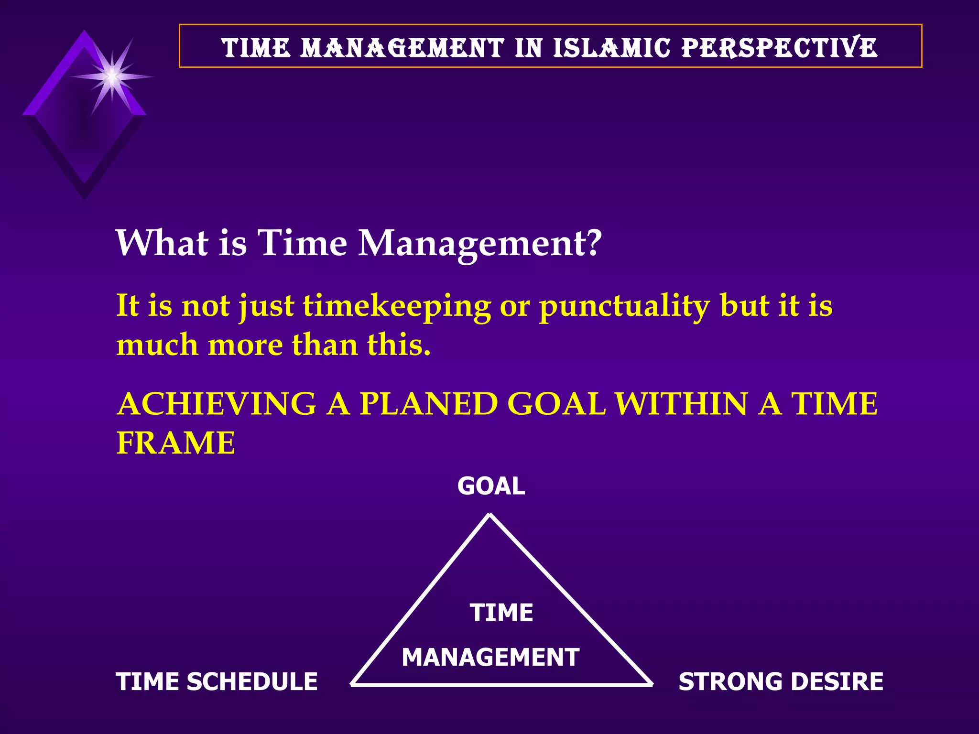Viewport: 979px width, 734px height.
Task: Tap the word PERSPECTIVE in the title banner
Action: (x=779, y=48)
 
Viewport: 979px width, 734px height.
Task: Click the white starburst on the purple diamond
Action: (x=112, y=76)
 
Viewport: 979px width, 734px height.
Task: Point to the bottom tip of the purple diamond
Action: (x=85, y=197)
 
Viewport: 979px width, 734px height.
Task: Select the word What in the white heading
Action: (x=162, y=243)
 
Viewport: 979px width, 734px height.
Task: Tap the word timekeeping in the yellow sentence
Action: (x=397, y=306)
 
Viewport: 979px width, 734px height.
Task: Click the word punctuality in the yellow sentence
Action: (x=624, y=306)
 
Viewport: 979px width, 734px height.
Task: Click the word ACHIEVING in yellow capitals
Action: (x=216, y=404)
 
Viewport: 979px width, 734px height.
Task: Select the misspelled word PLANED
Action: (x=428, y=404)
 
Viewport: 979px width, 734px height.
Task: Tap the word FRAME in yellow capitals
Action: (x=176, y=443)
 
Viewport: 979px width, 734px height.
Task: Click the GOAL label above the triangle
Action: (x=491, y=486)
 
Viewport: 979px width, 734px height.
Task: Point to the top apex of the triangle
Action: (x=489, y=515)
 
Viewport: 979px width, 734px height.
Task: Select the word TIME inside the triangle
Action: (x=501, y=613)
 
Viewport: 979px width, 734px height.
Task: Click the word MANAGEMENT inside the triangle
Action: (x=490, y=657)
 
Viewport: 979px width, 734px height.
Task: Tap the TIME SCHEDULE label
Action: (x=217, y=681)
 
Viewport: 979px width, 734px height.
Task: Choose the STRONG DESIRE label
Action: (x=781, y=681)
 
